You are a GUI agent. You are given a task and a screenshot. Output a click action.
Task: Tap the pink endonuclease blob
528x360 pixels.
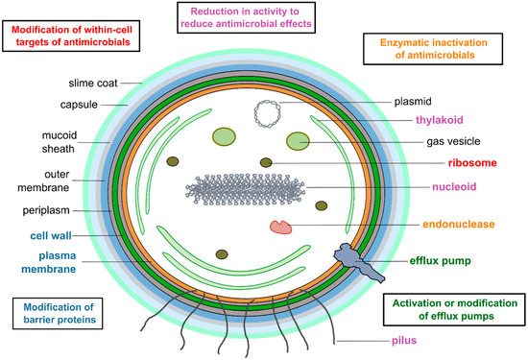281,227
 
